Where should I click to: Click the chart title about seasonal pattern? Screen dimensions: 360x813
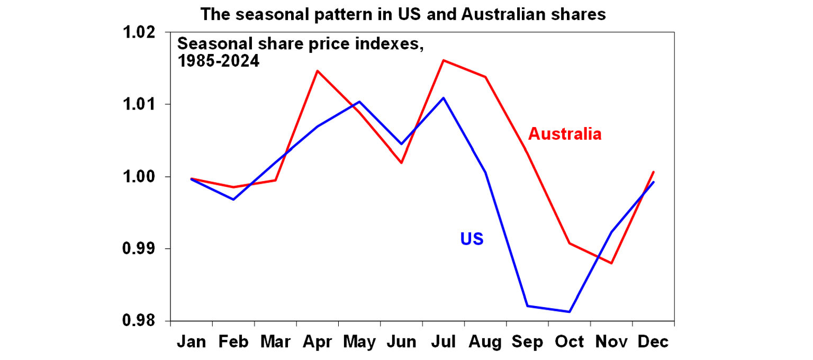[x=403, y=14]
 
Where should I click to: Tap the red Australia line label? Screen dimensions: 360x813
[x=565, y=134]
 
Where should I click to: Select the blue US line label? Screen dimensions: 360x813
[x=472, y=239]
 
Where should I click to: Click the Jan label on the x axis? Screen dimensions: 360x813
[x=192, y=342]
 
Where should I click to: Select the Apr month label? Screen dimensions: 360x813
[x=318, y=342]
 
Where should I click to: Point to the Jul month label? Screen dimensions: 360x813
[x=444, y=342]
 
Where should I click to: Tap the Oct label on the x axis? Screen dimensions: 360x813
[x=570, y=342]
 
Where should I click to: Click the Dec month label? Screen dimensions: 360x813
[x=653, y=342]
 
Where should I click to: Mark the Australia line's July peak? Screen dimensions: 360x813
[x=444, y=60]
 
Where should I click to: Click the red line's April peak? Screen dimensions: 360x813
[x=318, y=70]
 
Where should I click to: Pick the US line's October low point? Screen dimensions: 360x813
[x=570, y=312]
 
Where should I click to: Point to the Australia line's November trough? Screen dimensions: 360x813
[x=612, y=263]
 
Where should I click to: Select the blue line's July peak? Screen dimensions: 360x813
[x=444, y=97]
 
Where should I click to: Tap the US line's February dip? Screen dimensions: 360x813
[x=233, y=200]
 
